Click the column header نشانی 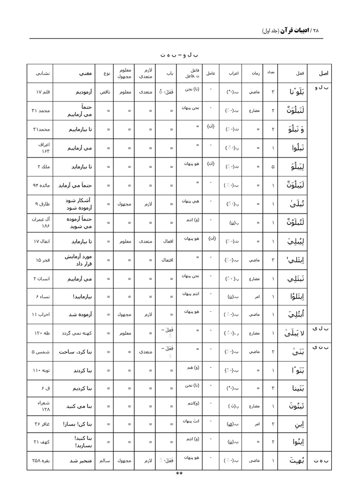coord(42,73)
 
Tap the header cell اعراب coord(233,73)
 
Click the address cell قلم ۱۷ coord(42,92)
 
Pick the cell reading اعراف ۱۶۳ coord(42,148)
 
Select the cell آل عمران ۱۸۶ coord(42,222)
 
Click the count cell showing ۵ coord(272,166)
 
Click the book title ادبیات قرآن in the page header coord(298,30)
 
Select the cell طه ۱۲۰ coord(42,333)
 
